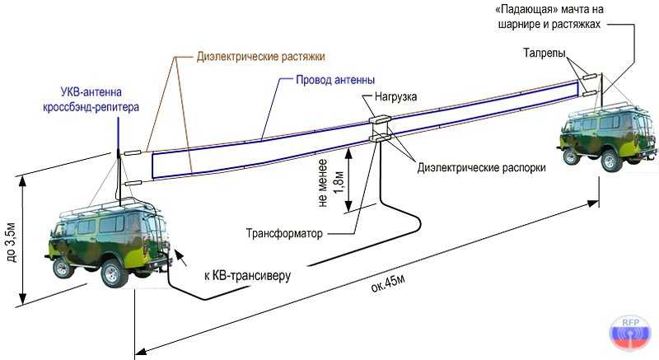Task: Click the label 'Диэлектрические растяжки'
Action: point(260,56)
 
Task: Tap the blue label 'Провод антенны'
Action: point(335,80)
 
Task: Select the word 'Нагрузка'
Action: point(395,97)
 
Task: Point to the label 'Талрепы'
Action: point(544,54)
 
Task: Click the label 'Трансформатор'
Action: point(284,234)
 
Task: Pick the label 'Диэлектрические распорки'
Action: point(481,168)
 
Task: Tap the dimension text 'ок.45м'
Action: point(388,284)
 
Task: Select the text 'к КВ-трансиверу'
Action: point(247,276)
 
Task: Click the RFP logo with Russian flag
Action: point(629,333)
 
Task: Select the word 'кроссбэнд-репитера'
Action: point(91,107)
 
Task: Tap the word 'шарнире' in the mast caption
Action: point(519,25)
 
